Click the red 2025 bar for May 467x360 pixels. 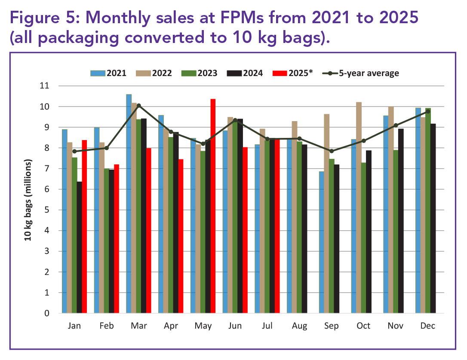(x=213, y=206)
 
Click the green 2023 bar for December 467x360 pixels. (x=428, y=211)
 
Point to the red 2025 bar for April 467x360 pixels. (x=181, y=236)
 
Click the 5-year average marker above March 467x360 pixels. (x=138, y=105)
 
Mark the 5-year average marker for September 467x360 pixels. (x=332, y=151)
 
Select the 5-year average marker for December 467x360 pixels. (x=428, y=111)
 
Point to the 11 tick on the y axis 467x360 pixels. (x=56, y=86)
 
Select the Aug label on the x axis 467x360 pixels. (x=299, y=326)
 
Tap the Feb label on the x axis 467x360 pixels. (x=107, y=326)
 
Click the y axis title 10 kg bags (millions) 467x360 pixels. (x=29, y=200)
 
